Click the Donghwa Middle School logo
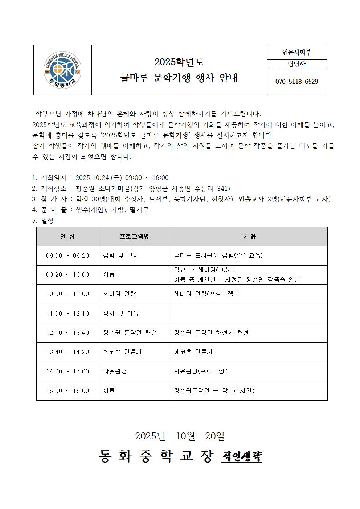pos(62,70)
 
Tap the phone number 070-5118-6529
pos(296,82)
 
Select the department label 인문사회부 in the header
pos(296,53)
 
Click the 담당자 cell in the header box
pos(296,64)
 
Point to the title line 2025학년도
pos(179,62)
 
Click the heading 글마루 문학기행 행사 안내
pos(179,78)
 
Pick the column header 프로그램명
pos(134,237)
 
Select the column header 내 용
pos(249,237)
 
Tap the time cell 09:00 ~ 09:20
pos(67,255)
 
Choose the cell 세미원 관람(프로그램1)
pos(206,294)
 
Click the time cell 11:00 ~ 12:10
pos(67,313)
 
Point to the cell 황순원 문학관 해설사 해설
pos(211,333)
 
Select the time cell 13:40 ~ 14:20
pos(67,352)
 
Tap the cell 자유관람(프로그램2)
pos(202,371)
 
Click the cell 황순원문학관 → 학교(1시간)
pos(214,391)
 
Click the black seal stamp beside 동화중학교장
pos(242,456)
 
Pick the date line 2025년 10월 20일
pos(180,436)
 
